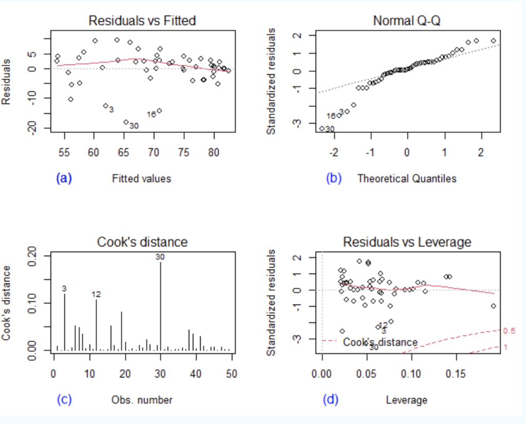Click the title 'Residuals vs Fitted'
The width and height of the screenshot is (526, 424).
pyautogui.click(x=142, y=21)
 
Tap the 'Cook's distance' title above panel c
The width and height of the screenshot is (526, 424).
pyautogui.click(x=143, y=242)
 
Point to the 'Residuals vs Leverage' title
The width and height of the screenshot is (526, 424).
pyautogui.click(x=407, y=242)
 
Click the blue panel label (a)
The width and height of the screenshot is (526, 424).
pyautogui.click(x=64, y=178)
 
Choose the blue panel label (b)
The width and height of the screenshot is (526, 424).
pyautogui.click(x=334, y=178)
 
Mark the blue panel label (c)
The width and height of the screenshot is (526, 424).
pyautogui.click(x=64, y=399)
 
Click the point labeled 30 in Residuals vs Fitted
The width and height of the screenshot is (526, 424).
pyautogui.click(x=126, y=122)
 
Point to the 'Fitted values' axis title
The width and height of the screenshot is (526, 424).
pyautogui.click(x=141, y=179)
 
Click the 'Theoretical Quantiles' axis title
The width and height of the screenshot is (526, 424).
pyautogui.click(x=407, y=179)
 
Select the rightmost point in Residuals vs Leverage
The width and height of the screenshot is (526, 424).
pyautogui.click(x=494, y=306)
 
